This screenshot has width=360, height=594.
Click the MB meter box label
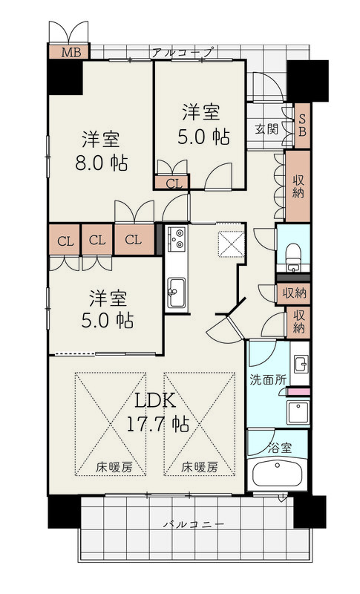point(71,52)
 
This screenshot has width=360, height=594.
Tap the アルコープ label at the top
point(183,52)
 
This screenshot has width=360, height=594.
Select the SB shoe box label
point(302,125)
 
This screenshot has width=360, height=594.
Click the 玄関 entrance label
point(266,128)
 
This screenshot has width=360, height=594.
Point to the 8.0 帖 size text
point(102,163)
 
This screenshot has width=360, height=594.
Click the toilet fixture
point(293,257)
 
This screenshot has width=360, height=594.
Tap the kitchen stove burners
point(177,239)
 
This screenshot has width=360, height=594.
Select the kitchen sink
point(177,293)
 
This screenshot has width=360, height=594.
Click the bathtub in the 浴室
point(278,473)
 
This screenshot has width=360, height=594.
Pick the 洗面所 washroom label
point(268,380)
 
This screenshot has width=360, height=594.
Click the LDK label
point(155,400)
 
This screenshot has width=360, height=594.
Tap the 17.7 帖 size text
point(157,424)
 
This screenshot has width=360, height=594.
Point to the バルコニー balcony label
point(194,525)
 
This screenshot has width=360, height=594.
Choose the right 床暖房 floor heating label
point(200,468)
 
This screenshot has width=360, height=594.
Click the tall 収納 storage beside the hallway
point(298,186)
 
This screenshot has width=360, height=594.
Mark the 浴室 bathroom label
point(280,448)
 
